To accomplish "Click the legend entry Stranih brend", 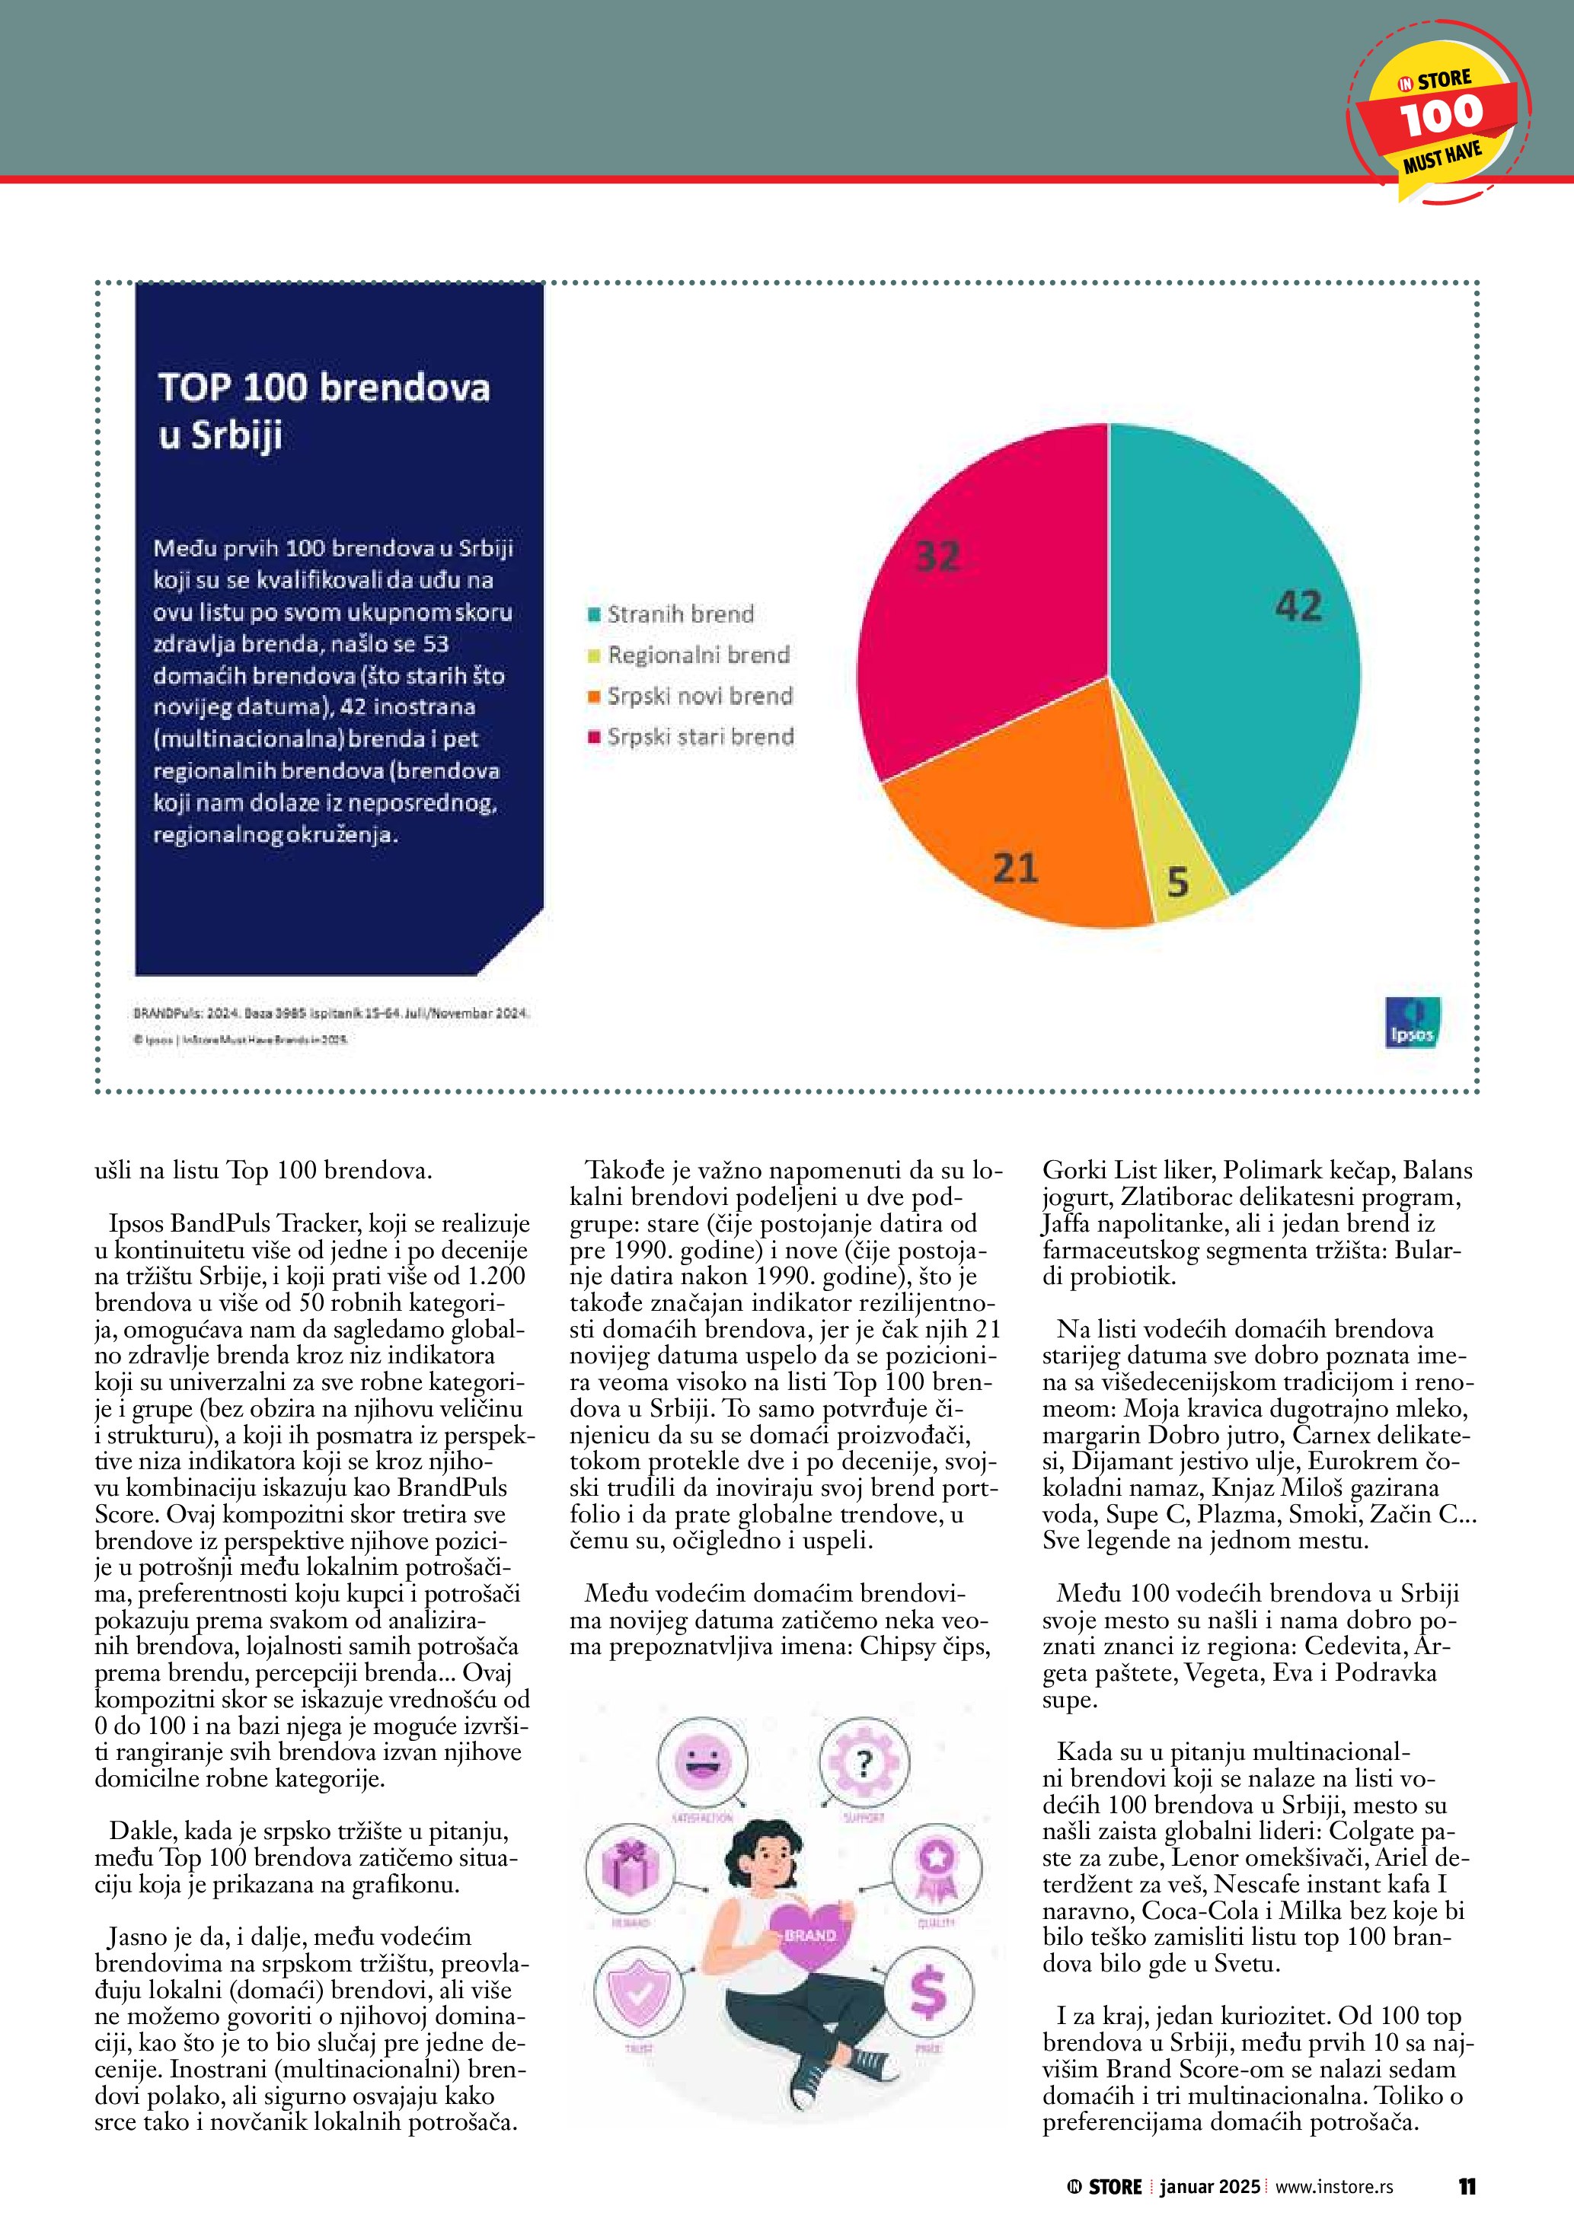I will [x=679, y=614].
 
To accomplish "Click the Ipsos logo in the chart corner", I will [x=1411, y=1022].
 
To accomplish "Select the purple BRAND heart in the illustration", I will [x=809, y=1934].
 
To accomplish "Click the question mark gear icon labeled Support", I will [x=864, y=1763].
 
